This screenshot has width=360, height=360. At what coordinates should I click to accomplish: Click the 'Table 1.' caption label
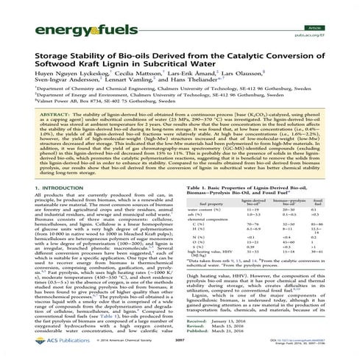(195, 189)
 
